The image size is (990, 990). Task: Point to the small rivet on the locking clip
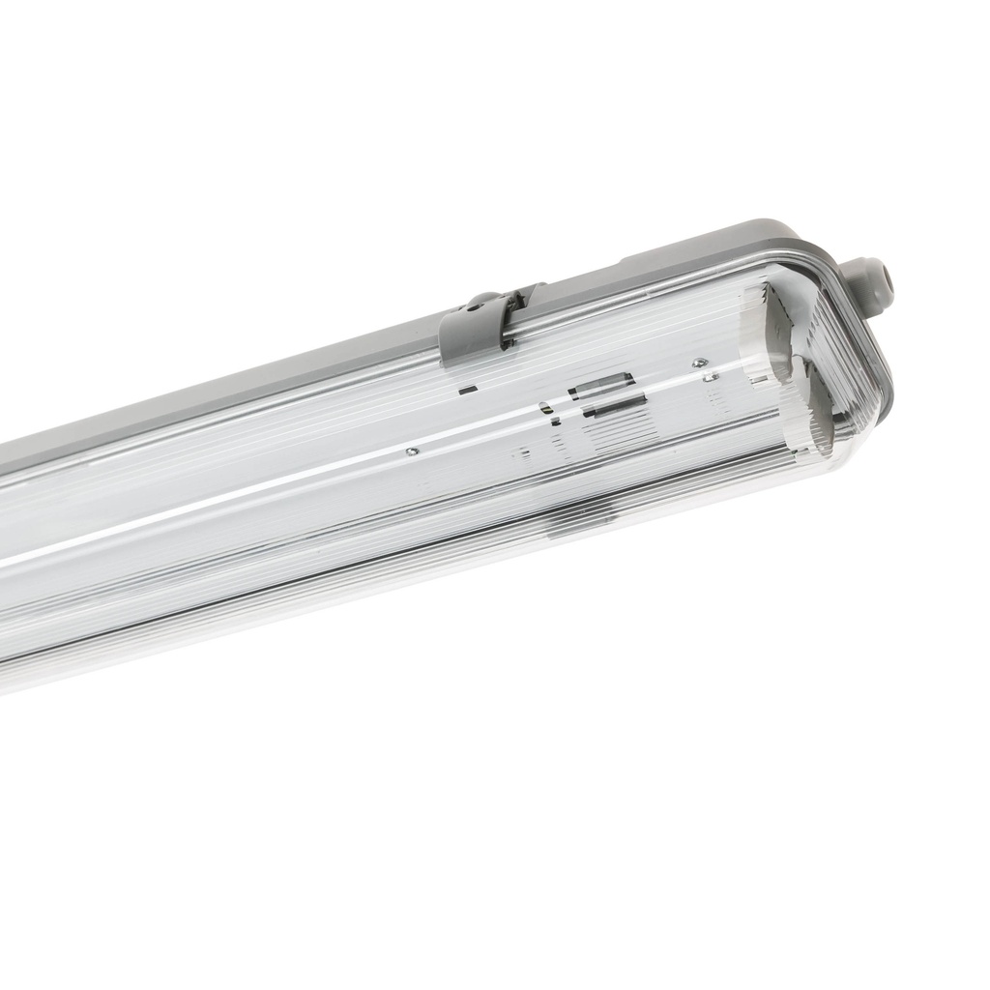click(473, 306)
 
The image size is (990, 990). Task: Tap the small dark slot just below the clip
click(468, 390)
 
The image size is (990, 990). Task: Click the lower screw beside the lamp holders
click(711, 377)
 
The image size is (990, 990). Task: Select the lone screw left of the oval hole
click(412, 451)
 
